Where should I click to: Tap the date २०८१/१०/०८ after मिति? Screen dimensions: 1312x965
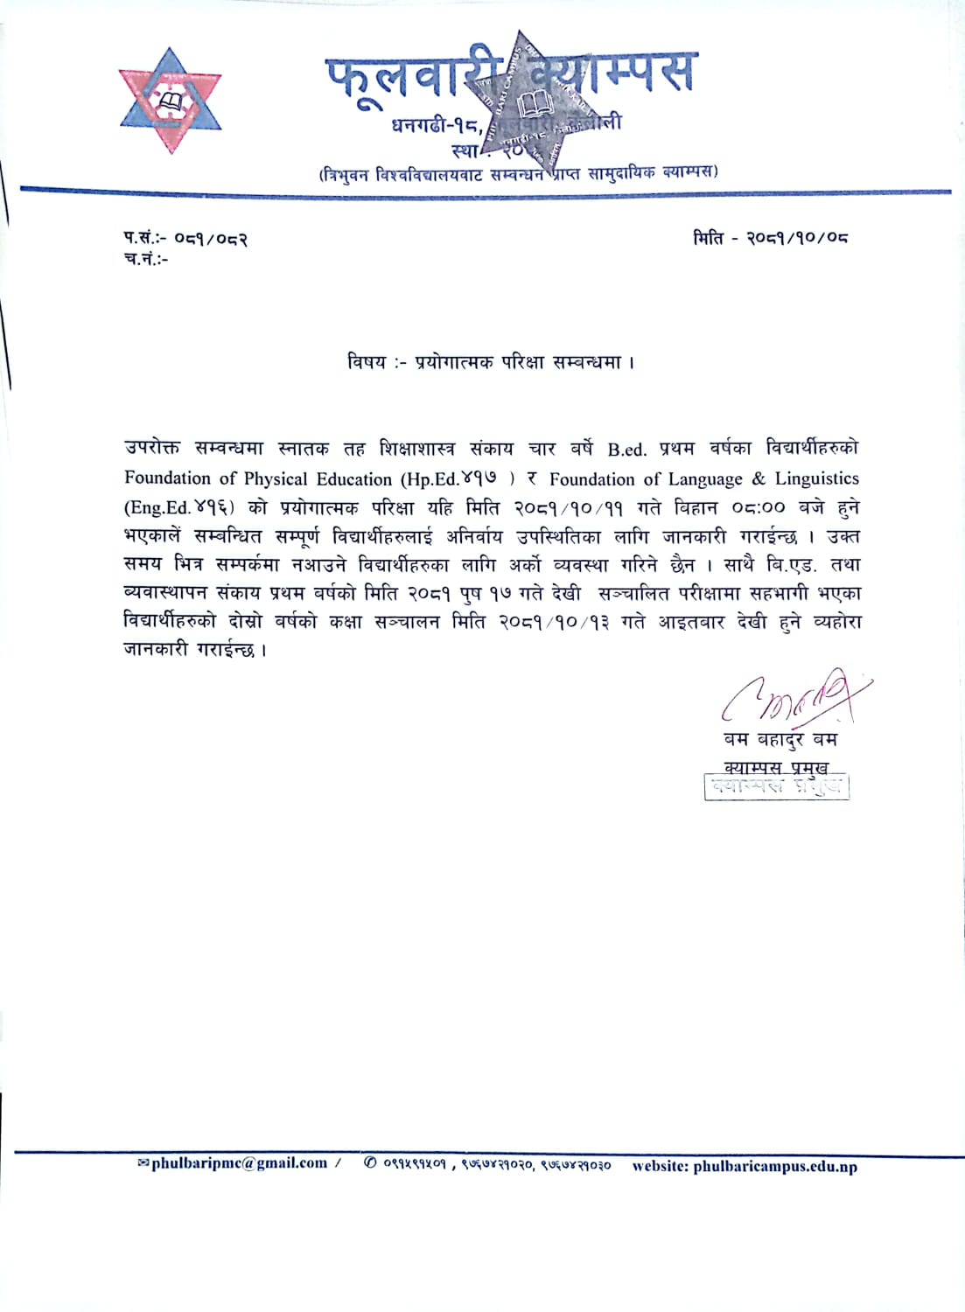click(x=797, y=238)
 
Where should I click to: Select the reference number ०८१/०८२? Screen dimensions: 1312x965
click(x=211, y=238)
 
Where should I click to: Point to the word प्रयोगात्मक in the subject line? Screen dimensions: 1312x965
click(x=454, y=361)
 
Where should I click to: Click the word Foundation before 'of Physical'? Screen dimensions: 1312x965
click(x=167, y=478)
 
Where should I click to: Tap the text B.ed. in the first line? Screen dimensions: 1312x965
click(x=627, y=450)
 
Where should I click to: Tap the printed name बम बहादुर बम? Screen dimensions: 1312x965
click(x=780, y=739)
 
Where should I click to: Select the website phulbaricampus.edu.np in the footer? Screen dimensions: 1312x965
click(x=775, y=1166)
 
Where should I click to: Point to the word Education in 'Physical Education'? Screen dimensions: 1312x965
click(x=349, y=478)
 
